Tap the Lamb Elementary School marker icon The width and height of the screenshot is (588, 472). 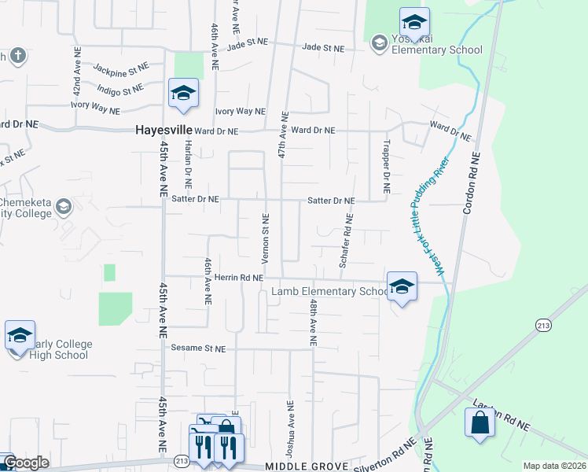(x=402, y=287)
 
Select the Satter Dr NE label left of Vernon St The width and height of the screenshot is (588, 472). (x=195, y=200)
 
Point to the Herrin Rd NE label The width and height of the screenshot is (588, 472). (x=237, y=277)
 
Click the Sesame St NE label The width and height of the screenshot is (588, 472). (x=200, y=348)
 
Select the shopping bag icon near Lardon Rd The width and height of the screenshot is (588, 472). (x=480, y=423)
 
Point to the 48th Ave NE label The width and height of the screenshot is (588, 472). (x=313, y=323)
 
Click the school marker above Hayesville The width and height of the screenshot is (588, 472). (x=183, y=94)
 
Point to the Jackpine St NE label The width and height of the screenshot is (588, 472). (x=120, y=69)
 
